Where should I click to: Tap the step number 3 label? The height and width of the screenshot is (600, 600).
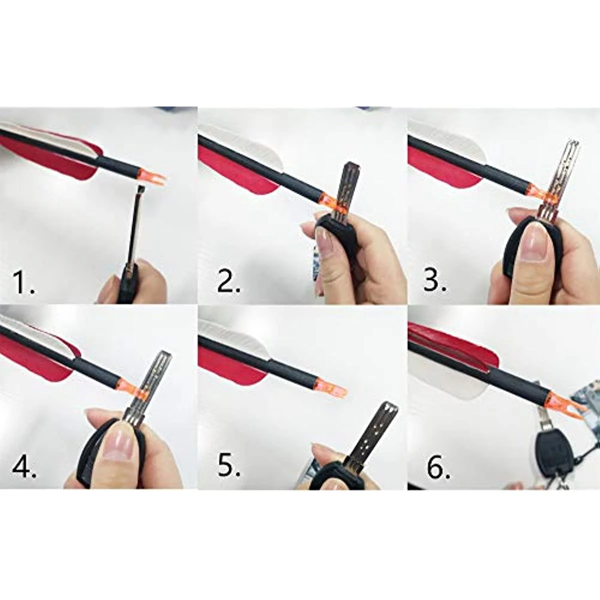tap(434, 280)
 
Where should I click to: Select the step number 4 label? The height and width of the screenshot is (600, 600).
tap(23, 467)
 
